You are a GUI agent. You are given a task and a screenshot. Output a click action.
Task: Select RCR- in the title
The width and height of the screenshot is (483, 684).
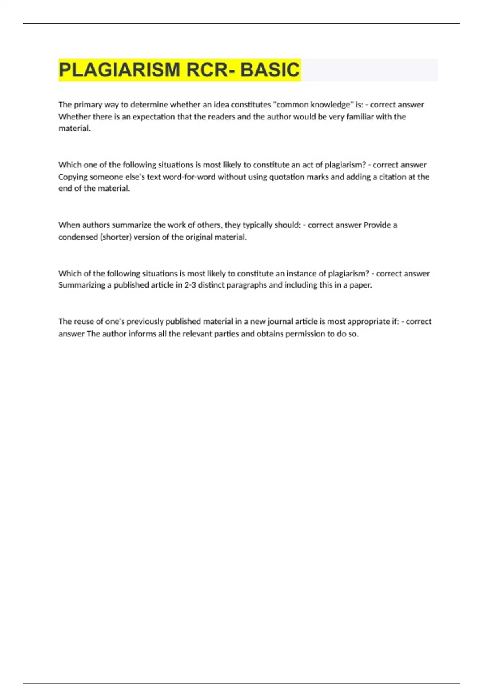click(210, 70)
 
